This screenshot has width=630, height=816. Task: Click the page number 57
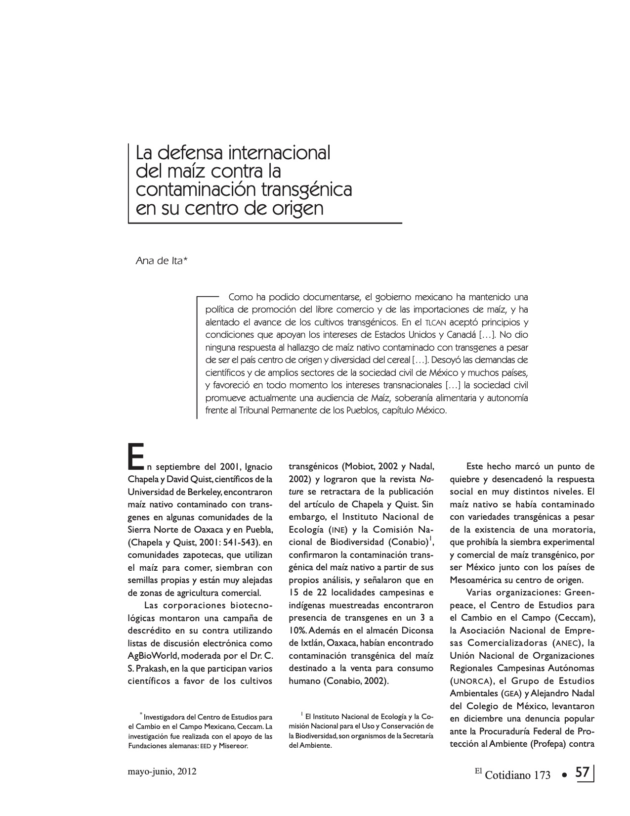tap(583, 772)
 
